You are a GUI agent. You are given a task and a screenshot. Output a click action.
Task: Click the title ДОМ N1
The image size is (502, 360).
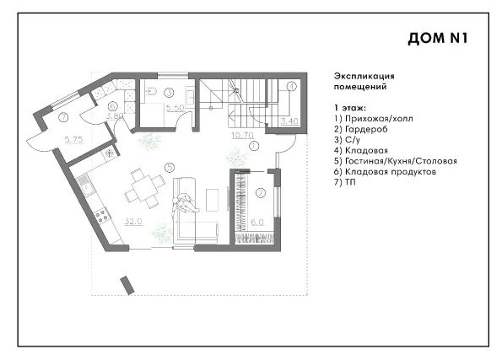438,38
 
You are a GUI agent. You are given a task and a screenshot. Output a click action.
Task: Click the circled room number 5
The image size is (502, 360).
170,167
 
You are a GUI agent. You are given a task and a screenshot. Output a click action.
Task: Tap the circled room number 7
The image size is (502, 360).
64,117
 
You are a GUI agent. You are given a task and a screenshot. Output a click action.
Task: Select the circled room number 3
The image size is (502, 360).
169,93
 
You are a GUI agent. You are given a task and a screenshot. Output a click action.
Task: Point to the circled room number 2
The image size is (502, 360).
261,193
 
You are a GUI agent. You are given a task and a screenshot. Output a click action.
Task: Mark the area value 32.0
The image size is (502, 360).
133,221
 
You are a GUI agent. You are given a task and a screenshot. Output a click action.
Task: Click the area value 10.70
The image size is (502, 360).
242,135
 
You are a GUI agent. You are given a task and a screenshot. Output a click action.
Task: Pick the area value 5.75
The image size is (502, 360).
73,139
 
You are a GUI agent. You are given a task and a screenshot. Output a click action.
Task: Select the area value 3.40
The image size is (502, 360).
289,121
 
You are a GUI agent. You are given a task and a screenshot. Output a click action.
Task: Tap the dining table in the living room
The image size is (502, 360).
144,188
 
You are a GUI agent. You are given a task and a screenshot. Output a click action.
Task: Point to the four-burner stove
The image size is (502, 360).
102,215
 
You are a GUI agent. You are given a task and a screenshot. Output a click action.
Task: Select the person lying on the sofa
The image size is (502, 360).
185,203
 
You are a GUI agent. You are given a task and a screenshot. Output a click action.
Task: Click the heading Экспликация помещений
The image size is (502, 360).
364,81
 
